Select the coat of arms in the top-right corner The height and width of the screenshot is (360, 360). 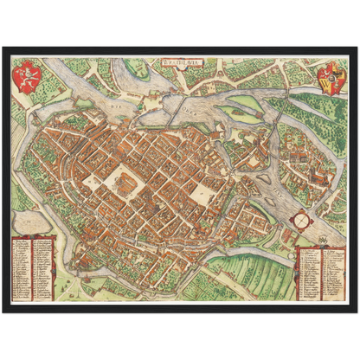331,80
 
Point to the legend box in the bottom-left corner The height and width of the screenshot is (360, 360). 34,267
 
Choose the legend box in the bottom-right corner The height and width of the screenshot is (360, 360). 323,272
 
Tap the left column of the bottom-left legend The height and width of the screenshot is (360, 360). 23,267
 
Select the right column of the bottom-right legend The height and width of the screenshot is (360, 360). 334,272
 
